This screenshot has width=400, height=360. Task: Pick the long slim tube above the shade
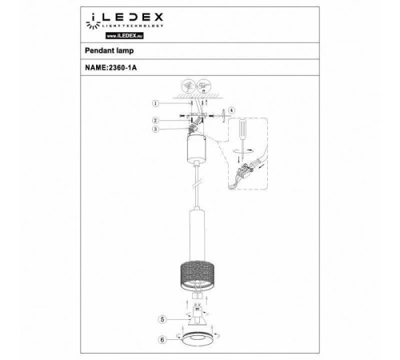pyautogui.click(x=198, y=231)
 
